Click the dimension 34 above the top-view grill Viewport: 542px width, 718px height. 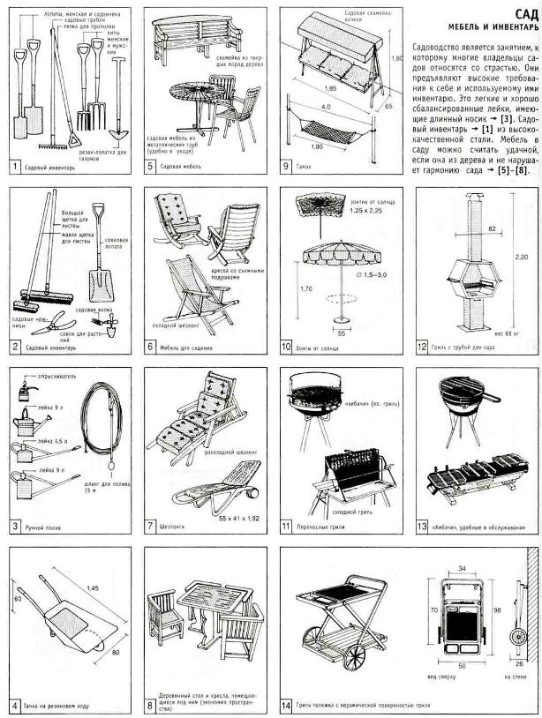click(x=462, y=569)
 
